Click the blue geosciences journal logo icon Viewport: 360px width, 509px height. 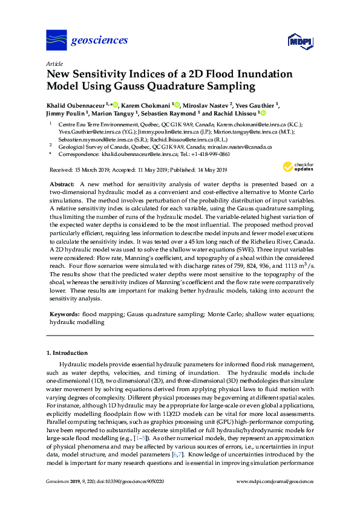tap(56, 41)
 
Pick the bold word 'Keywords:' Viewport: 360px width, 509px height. tap(65, 314)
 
